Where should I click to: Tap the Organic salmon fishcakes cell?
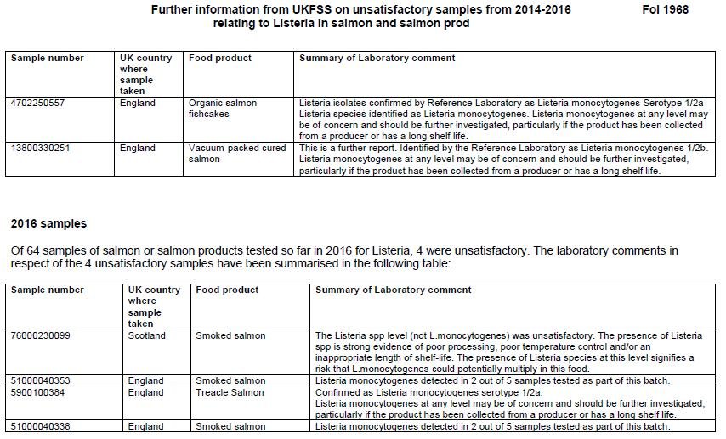point(223,109)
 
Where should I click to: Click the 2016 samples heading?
point(48,224)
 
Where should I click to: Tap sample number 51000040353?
point(40,380)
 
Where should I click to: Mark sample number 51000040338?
point(40,426)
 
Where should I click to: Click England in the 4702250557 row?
point(138,104)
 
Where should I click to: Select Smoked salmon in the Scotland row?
point(230,335)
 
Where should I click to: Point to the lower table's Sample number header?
point(47,290)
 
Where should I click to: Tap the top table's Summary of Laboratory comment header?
point(377,59)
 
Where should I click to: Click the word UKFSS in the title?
point(286,10)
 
